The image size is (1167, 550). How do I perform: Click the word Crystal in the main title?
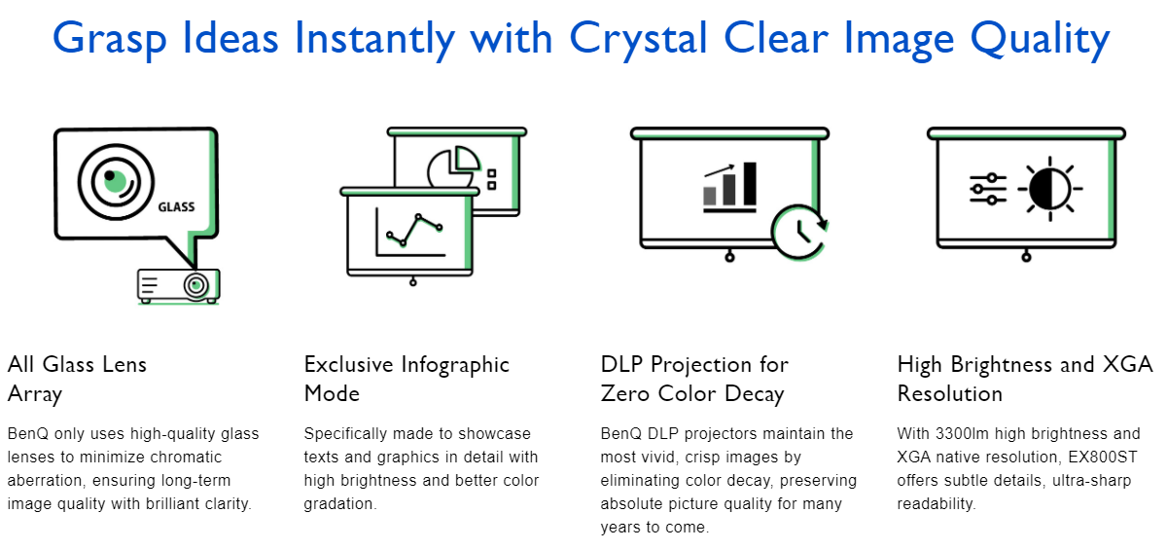(638, 39)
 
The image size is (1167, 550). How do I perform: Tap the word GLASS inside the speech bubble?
(176, 207)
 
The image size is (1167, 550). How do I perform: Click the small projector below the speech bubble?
(179, 286)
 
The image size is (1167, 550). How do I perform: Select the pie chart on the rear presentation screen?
(454, 165)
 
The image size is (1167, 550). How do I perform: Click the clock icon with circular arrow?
(799, 232)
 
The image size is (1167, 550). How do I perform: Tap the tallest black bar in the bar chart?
(750, 184)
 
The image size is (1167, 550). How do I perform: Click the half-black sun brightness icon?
(1049, 189)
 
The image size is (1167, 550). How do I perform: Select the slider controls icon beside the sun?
(988, 189)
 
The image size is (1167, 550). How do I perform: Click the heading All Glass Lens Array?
(77, 380)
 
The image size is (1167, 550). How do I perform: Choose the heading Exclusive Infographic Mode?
(407, 379)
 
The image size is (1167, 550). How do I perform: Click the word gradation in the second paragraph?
(339, 504)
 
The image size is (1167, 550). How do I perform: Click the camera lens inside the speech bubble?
(116, 182)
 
